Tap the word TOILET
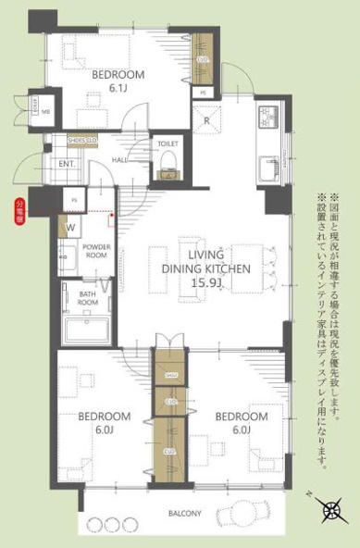coord(168,144)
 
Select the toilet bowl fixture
coord(168,163)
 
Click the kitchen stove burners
coord(268,118)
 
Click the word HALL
coord(120,160)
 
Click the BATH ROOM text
coord(88,297)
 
